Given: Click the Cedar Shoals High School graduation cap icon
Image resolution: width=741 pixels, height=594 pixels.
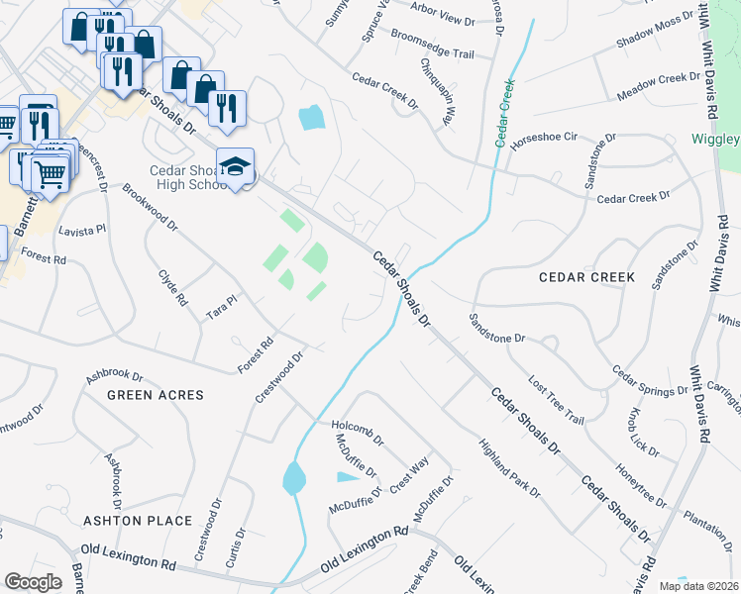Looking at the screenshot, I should coord(235,167).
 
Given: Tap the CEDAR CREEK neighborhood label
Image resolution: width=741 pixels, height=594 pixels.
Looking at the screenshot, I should coord(585,277).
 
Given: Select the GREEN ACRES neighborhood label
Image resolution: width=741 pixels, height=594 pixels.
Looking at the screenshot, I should coord(156,395).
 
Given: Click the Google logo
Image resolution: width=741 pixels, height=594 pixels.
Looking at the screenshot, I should coord(34,582).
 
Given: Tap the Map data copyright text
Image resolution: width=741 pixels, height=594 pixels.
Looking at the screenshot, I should coord(698,586).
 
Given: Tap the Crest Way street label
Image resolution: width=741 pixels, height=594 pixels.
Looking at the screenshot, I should coord(409,474).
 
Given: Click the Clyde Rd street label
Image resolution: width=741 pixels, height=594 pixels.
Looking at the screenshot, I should coord(172,284).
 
